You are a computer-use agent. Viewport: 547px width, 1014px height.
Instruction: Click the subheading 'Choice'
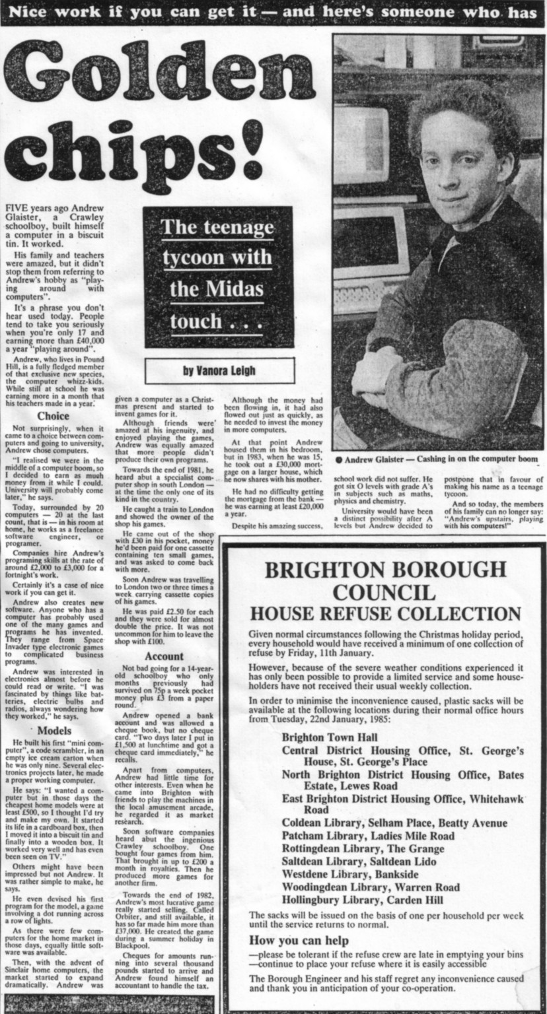pyautogui.click(x=53, y=416)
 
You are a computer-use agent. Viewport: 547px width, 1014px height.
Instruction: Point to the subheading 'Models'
pyautogui.click(x=54, y=731)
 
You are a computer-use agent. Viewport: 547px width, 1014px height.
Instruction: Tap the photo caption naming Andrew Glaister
pyautogui.click(x=437, y=459)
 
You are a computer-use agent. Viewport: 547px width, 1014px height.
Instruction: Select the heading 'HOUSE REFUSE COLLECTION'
pyautogui.click(x=384, y=613)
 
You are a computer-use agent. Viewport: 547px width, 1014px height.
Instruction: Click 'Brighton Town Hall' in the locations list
pyautogui.click(x=329, y=737)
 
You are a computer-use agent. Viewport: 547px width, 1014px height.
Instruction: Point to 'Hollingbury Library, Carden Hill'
pyautogui.click(x=363, y=899)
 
